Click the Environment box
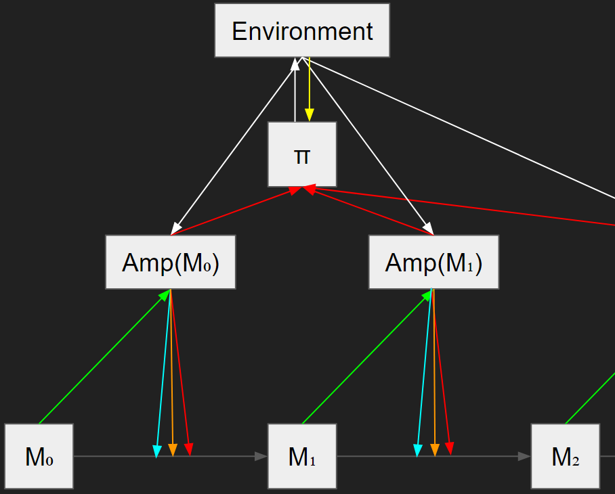302,30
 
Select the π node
302,154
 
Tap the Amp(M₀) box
171,263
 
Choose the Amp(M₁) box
433,263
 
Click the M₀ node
39,456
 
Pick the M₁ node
302,456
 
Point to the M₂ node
565,456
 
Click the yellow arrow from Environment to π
309,88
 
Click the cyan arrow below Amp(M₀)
163,372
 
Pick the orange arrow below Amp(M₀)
171,372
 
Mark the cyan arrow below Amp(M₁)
424,372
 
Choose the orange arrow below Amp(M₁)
434,372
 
